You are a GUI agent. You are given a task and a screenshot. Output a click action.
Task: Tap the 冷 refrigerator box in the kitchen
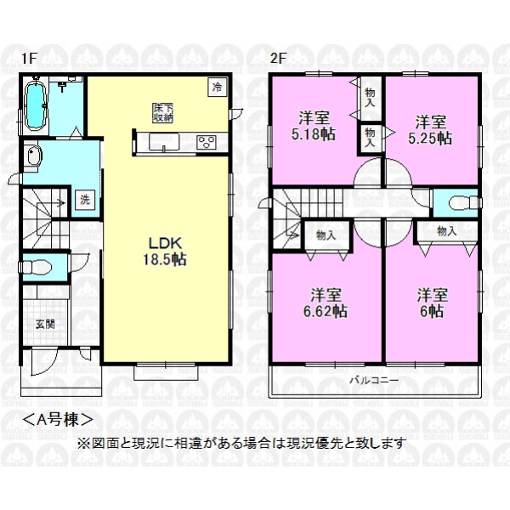[x=218, y=88]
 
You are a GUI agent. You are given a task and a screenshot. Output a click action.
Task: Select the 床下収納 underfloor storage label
[x=163, y=113]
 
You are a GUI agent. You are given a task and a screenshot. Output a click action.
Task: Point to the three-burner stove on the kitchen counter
[x=207, y=142]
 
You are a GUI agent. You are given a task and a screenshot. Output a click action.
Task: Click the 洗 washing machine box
[x=85, y=200]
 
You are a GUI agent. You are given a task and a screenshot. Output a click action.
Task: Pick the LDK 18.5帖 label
[x=165, y=252]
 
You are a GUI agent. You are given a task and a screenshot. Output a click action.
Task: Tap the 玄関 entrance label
[x=45, y=324]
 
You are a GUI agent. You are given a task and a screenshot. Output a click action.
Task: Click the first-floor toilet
[x=36, y=268]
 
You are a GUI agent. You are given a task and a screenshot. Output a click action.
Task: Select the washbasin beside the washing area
[x=33, y=156]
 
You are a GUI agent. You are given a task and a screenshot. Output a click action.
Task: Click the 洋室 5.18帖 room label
[x=313, y=126]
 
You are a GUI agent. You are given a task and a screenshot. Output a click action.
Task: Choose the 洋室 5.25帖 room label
[x=430, y=130]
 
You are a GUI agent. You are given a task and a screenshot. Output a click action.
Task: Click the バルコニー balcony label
[x=374, y=380]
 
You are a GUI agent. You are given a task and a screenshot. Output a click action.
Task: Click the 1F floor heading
[x=28, y=59]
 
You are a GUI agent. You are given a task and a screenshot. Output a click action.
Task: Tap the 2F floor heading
[x=279, y=59]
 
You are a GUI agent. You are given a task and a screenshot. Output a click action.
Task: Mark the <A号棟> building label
[x=58, y=420]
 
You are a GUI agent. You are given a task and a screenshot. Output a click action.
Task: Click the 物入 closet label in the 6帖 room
[x=447, y=231]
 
